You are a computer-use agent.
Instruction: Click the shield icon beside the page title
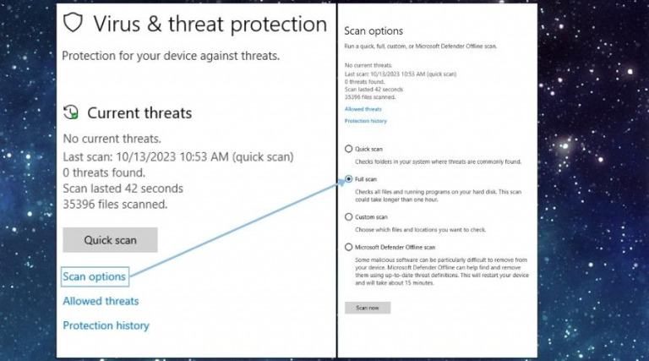point(74,23)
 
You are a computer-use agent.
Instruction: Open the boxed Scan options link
point(95,276)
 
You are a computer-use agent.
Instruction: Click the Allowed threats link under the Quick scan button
point(101,301)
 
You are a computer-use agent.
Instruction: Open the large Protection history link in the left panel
point(106,325)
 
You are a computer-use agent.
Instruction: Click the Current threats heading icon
point(72,112)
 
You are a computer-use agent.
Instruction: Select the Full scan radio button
point(348,180)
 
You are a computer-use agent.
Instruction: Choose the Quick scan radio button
point(348,149)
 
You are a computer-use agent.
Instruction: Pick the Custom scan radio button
point(348,216)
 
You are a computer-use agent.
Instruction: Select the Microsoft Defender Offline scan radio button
point(348,247)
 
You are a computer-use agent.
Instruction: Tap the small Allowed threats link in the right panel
point(363,109)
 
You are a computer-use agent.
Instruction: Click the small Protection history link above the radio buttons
point(366,121)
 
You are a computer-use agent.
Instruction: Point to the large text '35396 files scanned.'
point(115,204)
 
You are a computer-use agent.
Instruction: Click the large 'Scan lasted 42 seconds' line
point(123,188)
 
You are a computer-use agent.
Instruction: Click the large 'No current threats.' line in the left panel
point(112,139)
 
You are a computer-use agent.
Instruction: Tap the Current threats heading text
point(139,112)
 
